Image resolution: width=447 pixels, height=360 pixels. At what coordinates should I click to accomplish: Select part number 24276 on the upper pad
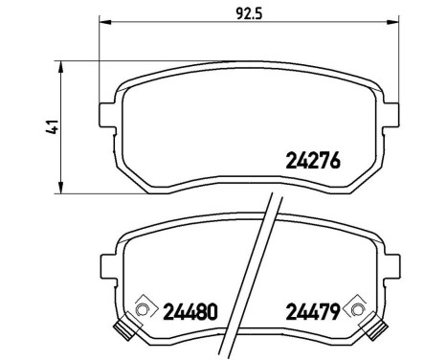(x=313, y=161)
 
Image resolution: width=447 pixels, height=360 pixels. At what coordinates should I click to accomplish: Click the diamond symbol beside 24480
(x=145, y=309)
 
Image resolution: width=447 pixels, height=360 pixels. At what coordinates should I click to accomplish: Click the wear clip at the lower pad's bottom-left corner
(x=124, y=331)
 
